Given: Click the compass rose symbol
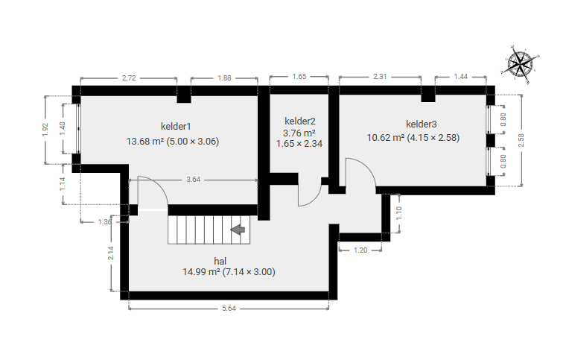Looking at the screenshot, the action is (x=520, y=64).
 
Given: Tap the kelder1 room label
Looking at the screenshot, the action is (x=176, y=127).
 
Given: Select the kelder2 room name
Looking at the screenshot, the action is (x=299, y=121).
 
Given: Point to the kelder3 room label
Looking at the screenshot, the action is (x=422, y=124).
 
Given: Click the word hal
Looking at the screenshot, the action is (x=220, y=261).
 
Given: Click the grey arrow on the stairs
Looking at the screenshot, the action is (x=238, y=230).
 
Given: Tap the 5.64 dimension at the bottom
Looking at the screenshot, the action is (x=229, y=309).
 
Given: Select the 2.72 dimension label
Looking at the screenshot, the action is (x=129, y=78).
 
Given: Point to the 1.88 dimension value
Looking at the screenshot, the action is (x=224, y=78).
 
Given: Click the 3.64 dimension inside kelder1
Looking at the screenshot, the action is (x=193, y=180).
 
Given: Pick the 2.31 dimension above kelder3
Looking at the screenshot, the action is (x=380, y=77).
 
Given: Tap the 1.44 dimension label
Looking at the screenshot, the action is (x=460, y=77).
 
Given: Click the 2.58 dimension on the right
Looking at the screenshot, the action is (x=521, y=140).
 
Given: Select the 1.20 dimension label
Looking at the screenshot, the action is (x=360, y=250).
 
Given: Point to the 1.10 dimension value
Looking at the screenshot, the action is (x=399, y=213).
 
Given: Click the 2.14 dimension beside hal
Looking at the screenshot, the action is (x=111, y=253).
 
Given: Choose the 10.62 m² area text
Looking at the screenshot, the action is (x=386, y=138).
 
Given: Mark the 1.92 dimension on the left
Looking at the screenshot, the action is (x=45, y=130).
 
